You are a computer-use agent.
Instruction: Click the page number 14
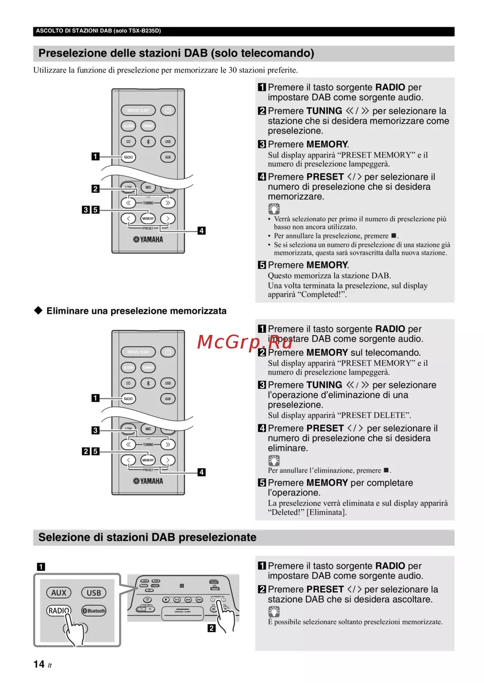pos(39,664)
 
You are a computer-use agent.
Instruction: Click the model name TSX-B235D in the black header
pos(143,31)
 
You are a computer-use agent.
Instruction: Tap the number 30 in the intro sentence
pos(232,70)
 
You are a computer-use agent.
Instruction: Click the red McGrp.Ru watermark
pos(244,342)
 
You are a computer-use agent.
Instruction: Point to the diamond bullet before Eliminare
pos(38,310)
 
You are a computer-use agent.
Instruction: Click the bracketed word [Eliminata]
pos(327,512)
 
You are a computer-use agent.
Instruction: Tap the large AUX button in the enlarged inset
pos(59,593)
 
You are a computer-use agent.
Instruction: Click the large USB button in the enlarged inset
pos(94,593)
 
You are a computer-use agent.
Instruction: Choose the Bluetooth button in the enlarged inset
pos(94,611)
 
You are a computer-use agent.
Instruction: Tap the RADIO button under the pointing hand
pos(59,610)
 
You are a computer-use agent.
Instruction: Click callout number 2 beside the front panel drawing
pos(212,628)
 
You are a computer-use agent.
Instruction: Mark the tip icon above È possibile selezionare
pos(273,611)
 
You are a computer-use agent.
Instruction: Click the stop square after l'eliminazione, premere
pos(386,470)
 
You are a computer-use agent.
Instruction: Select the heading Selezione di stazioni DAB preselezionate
pos(147,538)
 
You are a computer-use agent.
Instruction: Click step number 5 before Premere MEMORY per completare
pos(262,483)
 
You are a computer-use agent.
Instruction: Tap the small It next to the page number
pos(49,666)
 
